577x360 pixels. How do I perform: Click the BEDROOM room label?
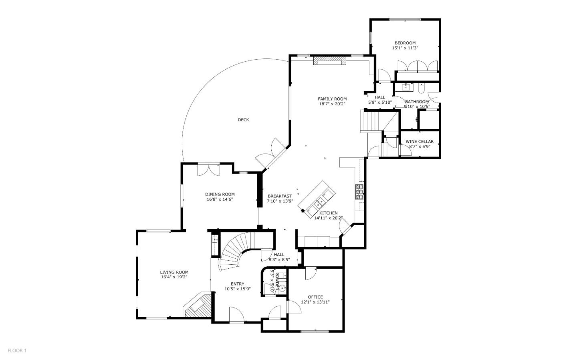pos(405,43)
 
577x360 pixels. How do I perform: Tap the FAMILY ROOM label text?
pos(332,99)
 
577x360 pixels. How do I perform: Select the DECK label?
pos(243,120)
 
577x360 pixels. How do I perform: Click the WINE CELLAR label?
pos(420,142)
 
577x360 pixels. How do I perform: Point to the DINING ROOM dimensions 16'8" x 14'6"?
pos(220,199)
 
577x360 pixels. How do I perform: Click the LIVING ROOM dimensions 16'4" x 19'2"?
pos(174,277)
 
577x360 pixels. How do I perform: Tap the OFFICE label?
pos(315,297)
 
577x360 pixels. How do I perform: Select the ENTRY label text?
pos(237,284)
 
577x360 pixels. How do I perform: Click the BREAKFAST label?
pos(280,196)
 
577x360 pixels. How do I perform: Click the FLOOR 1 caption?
pos(17,351)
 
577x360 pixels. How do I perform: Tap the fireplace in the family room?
pos(329,60)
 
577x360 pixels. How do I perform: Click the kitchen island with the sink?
pos(317,199)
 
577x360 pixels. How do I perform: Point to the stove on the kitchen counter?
pos(359,192)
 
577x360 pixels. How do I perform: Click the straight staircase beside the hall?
pos(371,121)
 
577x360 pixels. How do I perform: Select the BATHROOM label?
pos(417,102)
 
